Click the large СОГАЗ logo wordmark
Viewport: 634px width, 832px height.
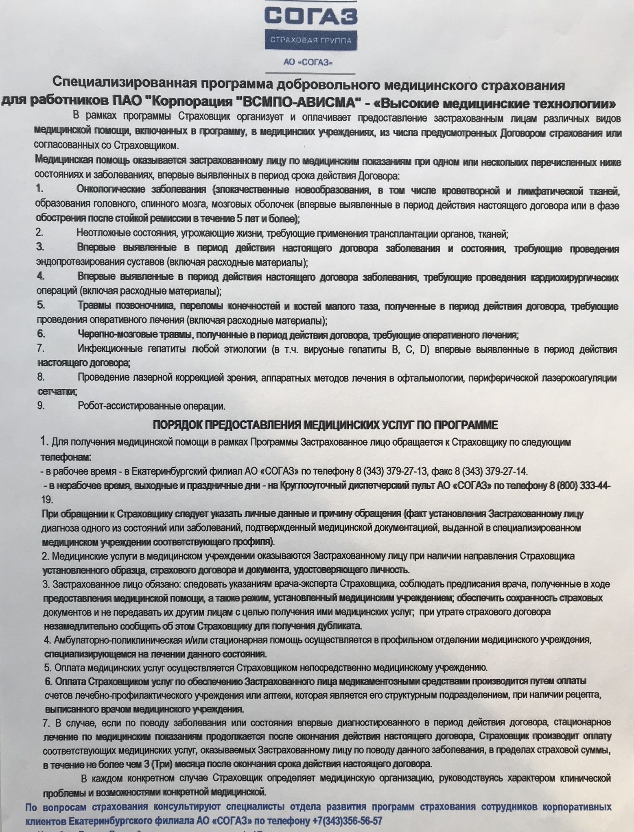point(311,16)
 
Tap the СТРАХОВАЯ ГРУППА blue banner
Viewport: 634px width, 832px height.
point(311,41)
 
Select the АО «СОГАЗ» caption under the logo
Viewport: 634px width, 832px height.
point(310,63)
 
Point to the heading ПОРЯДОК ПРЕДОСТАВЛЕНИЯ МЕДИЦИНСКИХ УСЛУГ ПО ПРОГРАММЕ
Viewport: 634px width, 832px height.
point(325,425)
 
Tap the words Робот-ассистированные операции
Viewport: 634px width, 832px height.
point(151,406)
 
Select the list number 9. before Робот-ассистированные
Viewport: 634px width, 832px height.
point(41,406)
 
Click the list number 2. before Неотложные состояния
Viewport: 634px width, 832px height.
point(39,233)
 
